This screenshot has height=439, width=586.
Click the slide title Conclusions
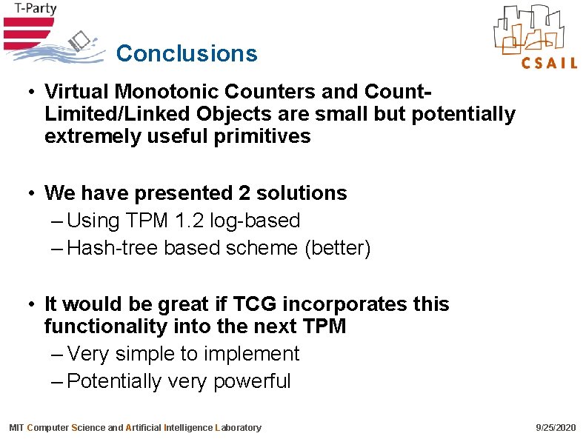coord(187,53)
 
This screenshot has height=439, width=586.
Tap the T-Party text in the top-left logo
coord(30,10)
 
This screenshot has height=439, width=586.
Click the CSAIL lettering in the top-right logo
coord(549,63)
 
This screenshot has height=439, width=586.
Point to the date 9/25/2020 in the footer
coord(555,428)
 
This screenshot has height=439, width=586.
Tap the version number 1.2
coord(190,221)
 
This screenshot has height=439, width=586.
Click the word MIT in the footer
coord(16,428)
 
